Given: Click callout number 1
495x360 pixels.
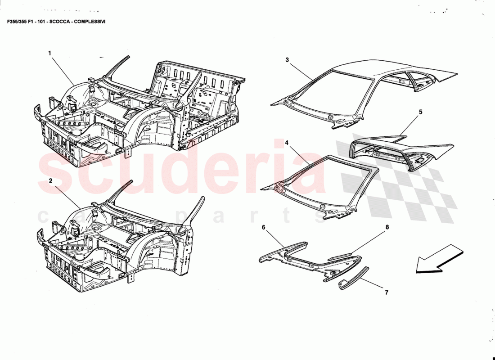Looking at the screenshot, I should pyautogui.click(x=50, y=53).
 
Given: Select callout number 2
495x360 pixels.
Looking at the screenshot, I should pyautogui.click(x=51, y=180).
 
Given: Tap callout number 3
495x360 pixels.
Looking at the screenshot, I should pyautogui.click(x=287, y=59).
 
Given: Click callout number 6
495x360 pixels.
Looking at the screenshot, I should pyautogui.click(x=264, y=227).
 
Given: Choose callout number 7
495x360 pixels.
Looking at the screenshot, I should pyautogui.click(x=386, y=292).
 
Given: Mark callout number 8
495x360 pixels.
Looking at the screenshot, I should pyautogui.click(x=387, y=227).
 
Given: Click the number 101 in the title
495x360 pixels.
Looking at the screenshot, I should pyautogui.click(x=41, y=21).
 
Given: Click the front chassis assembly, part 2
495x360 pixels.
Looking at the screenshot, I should pyautogui.click(x=117, y=243).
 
